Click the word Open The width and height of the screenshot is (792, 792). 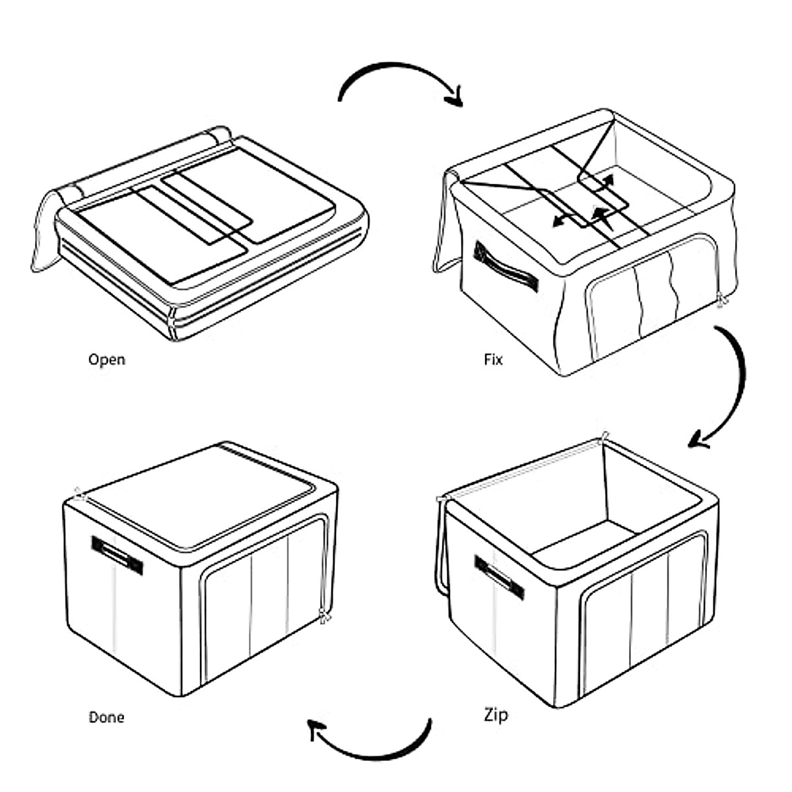pos(106,360)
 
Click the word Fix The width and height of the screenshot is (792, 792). pos(493,360)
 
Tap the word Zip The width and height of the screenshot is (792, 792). pos(496,715)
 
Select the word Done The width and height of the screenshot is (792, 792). pos(106,717)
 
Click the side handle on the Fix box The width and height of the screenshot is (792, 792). pos(506,267)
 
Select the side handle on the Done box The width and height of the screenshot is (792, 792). pos(117,555)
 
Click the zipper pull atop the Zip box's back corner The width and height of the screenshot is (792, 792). pos(605,437)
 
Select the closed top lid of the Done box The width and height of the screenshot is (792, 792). pos(198,492)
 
